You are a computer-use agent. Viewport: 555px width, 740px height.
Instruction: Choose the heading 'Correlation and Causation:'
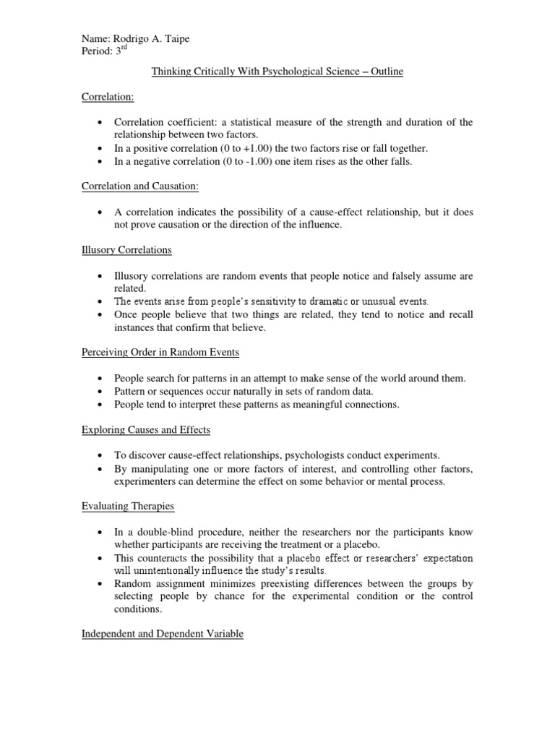tap(139, 186)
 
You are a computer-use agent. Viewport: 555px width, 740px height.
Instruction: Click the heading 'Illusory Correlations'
tap(126, 250)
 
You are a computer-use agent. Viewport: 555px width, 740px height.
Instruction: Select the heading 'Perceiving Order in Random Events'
tap(160, 352)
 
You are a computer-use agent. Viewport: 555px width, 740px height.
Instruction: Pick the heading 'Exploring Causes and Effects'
tap(145, 429)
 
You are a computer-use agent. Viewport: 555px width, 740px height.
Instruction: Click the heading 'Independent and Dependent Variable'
tap(162, 634)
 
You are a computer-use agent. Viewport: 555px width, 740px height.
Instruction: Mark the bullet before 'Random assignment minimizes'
tap(99, 583)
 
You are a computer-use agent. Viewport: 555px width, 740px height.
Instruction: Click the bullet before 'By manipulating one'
tap(99, 468)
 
